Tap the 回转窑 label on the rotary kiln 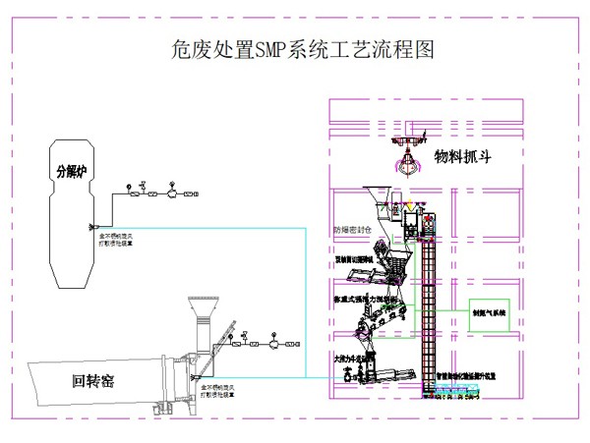[95, 380]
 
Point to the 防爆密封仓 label [352, 232]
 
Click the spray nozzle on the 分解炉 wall [91, 224]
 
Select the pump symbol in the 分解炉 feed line [174, 194]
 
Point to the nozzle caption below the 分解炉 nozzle [119, 239]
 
